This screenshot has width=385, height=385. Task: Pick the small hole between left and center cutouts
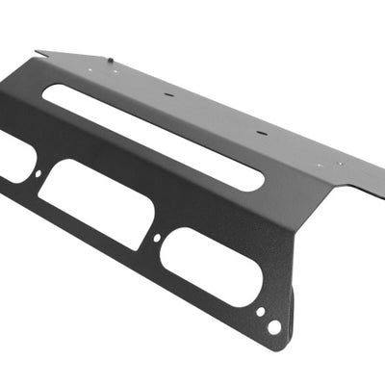pos(38,174)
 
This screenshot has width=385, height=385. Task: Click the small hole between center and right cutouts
pos(158,237)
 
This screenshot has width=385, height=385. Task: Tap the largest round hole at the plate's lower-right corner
pos(274,327)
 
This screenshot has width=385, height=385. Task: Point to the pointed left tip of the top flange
pos(36,52)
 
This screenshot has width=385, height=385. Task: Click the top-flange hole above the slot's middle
pos(169,96)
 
